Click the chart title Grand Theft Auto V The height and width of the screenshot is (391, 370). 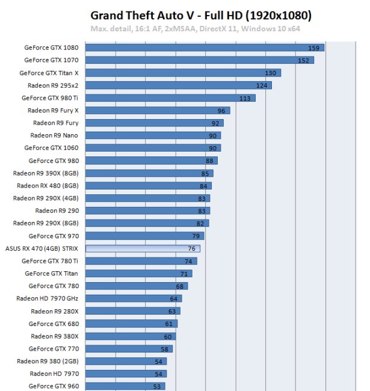(x=201, y=14)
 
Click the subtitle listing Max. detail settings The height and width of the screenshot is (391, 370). (x=195, y=28)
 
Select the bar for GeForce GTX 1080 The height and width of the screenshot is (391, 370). (x=205, y=48)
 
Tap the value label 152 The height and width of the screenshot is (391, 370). (x=303, y=60)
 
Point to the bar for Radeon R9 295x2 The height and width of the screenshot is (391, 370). (x=178, y=85)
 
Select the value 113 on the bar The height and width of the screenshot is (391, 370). (x=245, y=98)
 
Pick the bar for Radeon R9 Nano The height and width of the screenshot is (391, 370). (x=153, y=135)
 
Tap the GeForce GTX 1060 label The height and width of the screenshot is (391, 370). (x=51, y=148)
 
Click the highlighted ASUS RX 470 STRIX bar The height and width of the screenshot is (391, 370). (x=143, y=248)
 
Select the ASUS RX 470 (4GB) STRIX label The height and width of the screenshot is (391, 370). (x=42, y=248)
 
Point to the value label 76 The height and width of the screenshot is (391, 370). (x=191, y=248)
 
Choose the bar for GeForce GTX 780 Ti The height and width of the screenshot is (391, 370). (x=141, y=261)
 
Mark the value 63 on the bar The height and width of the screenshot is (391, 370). (x=171, y=311)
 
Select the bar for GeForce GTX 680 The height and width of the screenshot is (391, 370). (x=131, y=324)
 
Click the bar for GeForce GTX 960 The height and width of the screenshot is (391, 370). (x=125, y=386)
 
